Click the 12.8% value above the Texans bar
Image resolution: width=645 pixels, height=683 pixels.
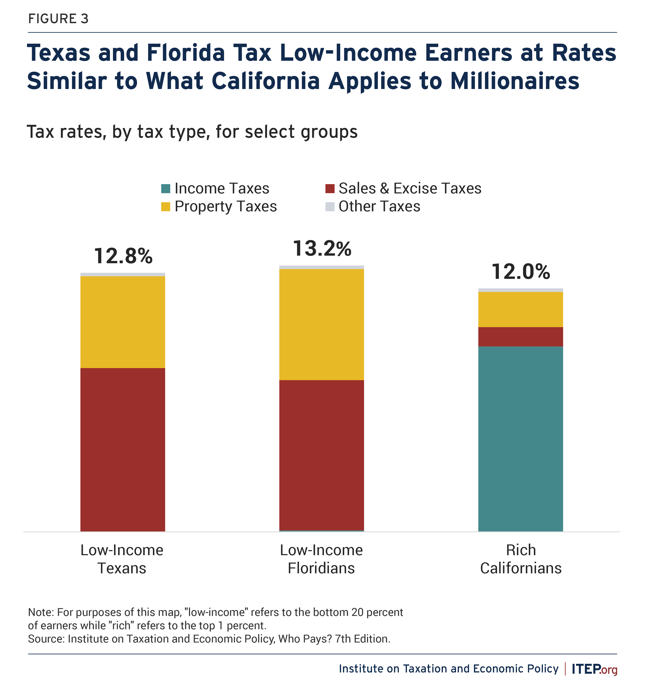[123, 256]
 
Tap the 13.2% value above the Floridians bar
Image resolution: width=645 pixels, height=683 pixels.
[322, 249]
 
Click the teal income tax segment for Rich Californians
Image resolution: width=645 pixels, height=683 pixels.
[521, 439]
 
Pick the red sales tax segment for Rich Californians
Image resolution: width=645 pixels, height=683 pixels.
[521, 336]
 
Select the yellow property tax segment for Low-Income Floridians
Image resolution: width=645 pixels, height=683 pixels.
[321, 324]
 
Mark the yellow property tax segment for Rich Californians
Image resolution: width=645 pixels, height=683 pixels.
[521, 309]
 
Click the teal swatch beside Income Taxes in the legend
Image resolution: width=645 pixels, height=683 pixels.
[166, 188]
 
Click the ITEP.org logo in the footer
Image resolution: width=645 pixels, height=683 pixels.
[594, 669]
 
